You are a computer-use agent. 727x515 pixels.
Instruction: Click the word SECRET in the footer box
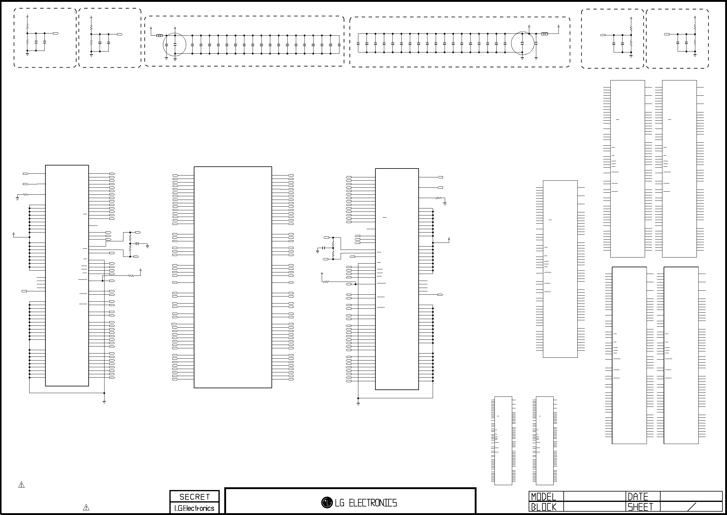click(195, 497)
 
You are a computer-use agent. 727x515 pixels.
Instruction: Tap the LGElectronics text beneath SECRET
click(194, 508)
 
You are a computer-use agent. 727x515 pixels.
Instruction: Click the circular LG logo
click(327, 502)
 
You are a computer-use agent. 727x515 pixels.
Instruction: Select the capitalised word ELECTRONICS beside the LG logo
click(373, 503)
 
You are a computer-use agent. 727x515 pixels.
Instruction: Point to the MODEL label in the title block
click(544, 497)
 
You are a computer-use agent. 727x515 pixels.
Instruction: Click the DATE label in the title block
click(638, 497)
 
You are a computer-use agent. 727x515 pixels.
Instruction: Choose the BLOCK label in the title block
click(544, 507)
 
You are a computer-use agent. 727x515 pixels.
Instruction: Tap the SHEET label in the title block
click(640, 507)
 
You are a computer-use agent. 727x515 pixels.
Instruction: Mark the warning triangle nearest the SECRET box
click(86, 507)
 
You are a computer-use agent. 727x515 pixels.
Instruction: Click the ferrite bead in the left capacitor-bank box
click(159, 36)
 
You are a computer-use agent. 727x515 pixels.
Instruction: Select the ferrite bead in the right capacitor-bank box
click(544, 34)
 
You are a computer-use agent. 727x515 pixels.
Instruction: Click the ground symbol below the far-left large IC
click(104, 402)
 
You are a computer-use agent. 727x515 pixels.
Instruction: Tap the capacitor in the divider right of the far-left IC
click(138, 243)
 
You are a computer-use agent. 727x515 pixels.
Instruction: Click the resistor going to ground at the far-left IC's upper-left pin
click(25, 194)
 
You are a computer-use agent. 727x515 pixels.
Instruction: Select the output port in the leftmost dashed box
click(56, 33)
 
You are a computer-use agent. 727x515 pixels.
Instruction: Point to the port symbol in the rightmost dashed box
click(667, 34)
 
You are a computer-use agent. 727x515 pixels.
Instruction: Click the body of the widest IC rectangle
click(233, 277)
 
